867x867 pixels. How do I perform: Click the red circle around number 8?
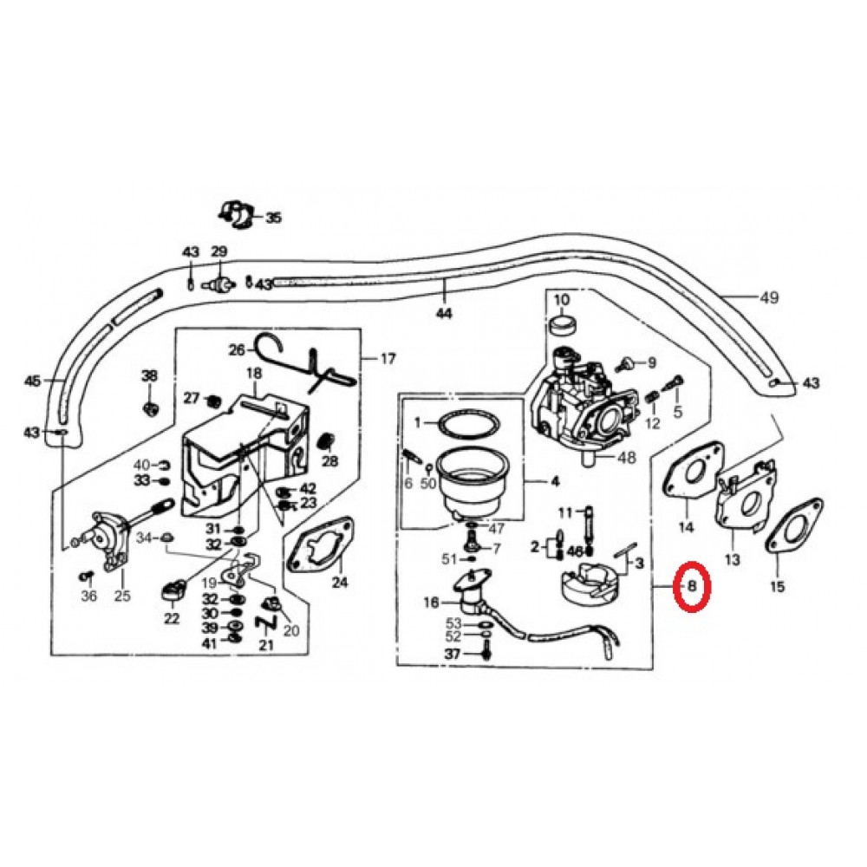[x=693, y=586]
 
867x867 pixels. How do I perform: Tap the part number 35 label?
[x=273, y=218]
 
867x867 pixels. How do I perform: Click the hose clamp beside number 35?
[x=233, y=212]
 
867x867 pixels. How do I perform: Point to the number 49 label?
[x=768, y=298]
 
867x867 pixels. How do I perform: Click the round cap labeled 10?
[x=563, y=325]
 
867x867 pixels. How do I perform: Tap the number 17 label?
[x=388, y=357]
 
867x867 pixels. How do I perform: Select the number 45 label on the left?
[x=32, y=381]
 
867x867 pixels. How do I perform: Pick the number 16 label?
[x=431, y=603]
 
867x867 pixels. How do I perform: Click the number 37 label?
[x=453, y=654]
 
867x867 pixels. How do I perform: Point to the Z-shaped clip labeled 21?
[x=264, y=622]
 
